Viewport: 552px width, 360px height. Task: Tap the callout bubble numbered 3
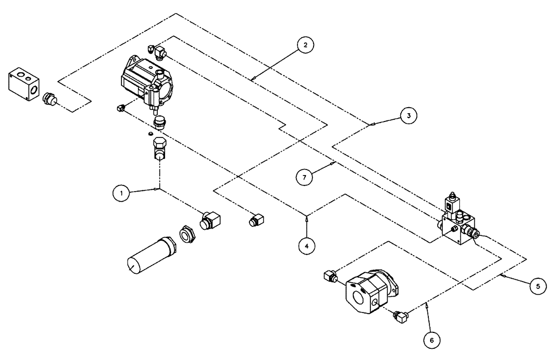point(408,115)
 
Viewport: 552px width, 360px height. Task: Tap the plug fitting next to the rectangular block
point(50,99)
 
